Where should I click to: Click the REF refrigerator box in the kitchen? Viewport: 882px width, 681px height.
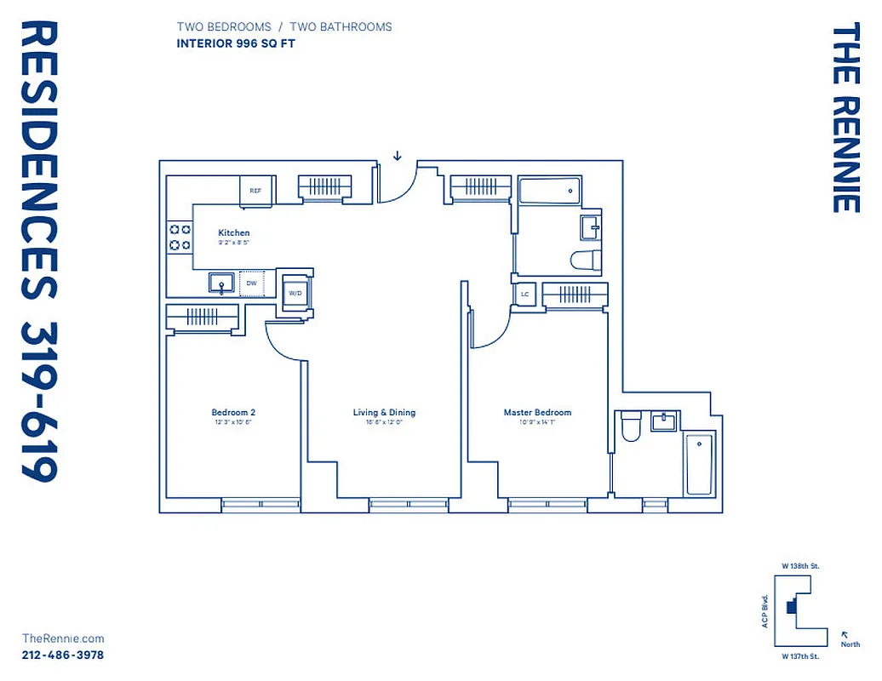tap(255, 191)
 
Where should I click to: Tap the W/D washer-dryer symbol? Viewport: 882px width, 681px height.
tap(295, 292)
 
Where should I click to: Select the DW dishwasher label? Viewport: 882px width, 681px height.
tap(251, 283)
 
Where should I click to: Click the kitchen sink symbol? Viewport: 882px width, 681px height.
tap(222, 283)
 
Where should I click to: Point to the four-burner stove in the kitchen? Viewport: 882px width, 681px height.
tap(180, 237)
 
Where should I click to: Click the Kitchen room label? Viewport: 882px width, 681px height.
tap(234, 232)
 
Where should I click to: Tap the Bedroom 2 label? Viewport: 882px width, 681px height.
tap(233, 413)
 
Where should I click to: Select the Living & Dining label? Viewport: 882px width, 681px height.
tap(384, 413)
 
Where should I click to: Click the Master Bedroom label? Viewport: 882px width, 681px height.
tap(537, 413)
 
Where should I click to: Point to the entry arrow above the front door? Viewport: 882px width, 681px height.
tap(397, 156)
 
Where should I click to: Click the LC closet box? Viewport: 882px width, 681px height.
tap(524, 295)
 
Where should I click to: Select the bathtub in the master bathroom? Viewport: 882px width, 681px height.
tap(700, 463)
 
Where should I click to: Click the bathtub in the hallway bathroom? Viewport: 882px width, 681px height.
tap(550, 191)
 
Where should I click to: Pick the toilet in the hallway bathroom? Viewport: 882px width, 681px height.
tap(587, 260)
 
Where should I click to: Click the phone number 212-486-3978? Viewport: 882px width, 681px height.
tap(62, 655)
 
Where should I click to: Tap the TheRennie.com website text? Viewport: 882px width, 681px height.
tap(62, 638)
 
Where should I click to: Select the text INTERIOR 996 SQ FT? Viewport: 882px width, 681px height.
tap(236, 43)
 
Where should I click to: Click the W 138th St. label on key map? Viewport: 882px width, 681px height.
tap(800, 565)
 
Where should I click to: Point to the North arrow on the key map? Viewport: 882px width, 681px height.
tap(845, 634)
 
